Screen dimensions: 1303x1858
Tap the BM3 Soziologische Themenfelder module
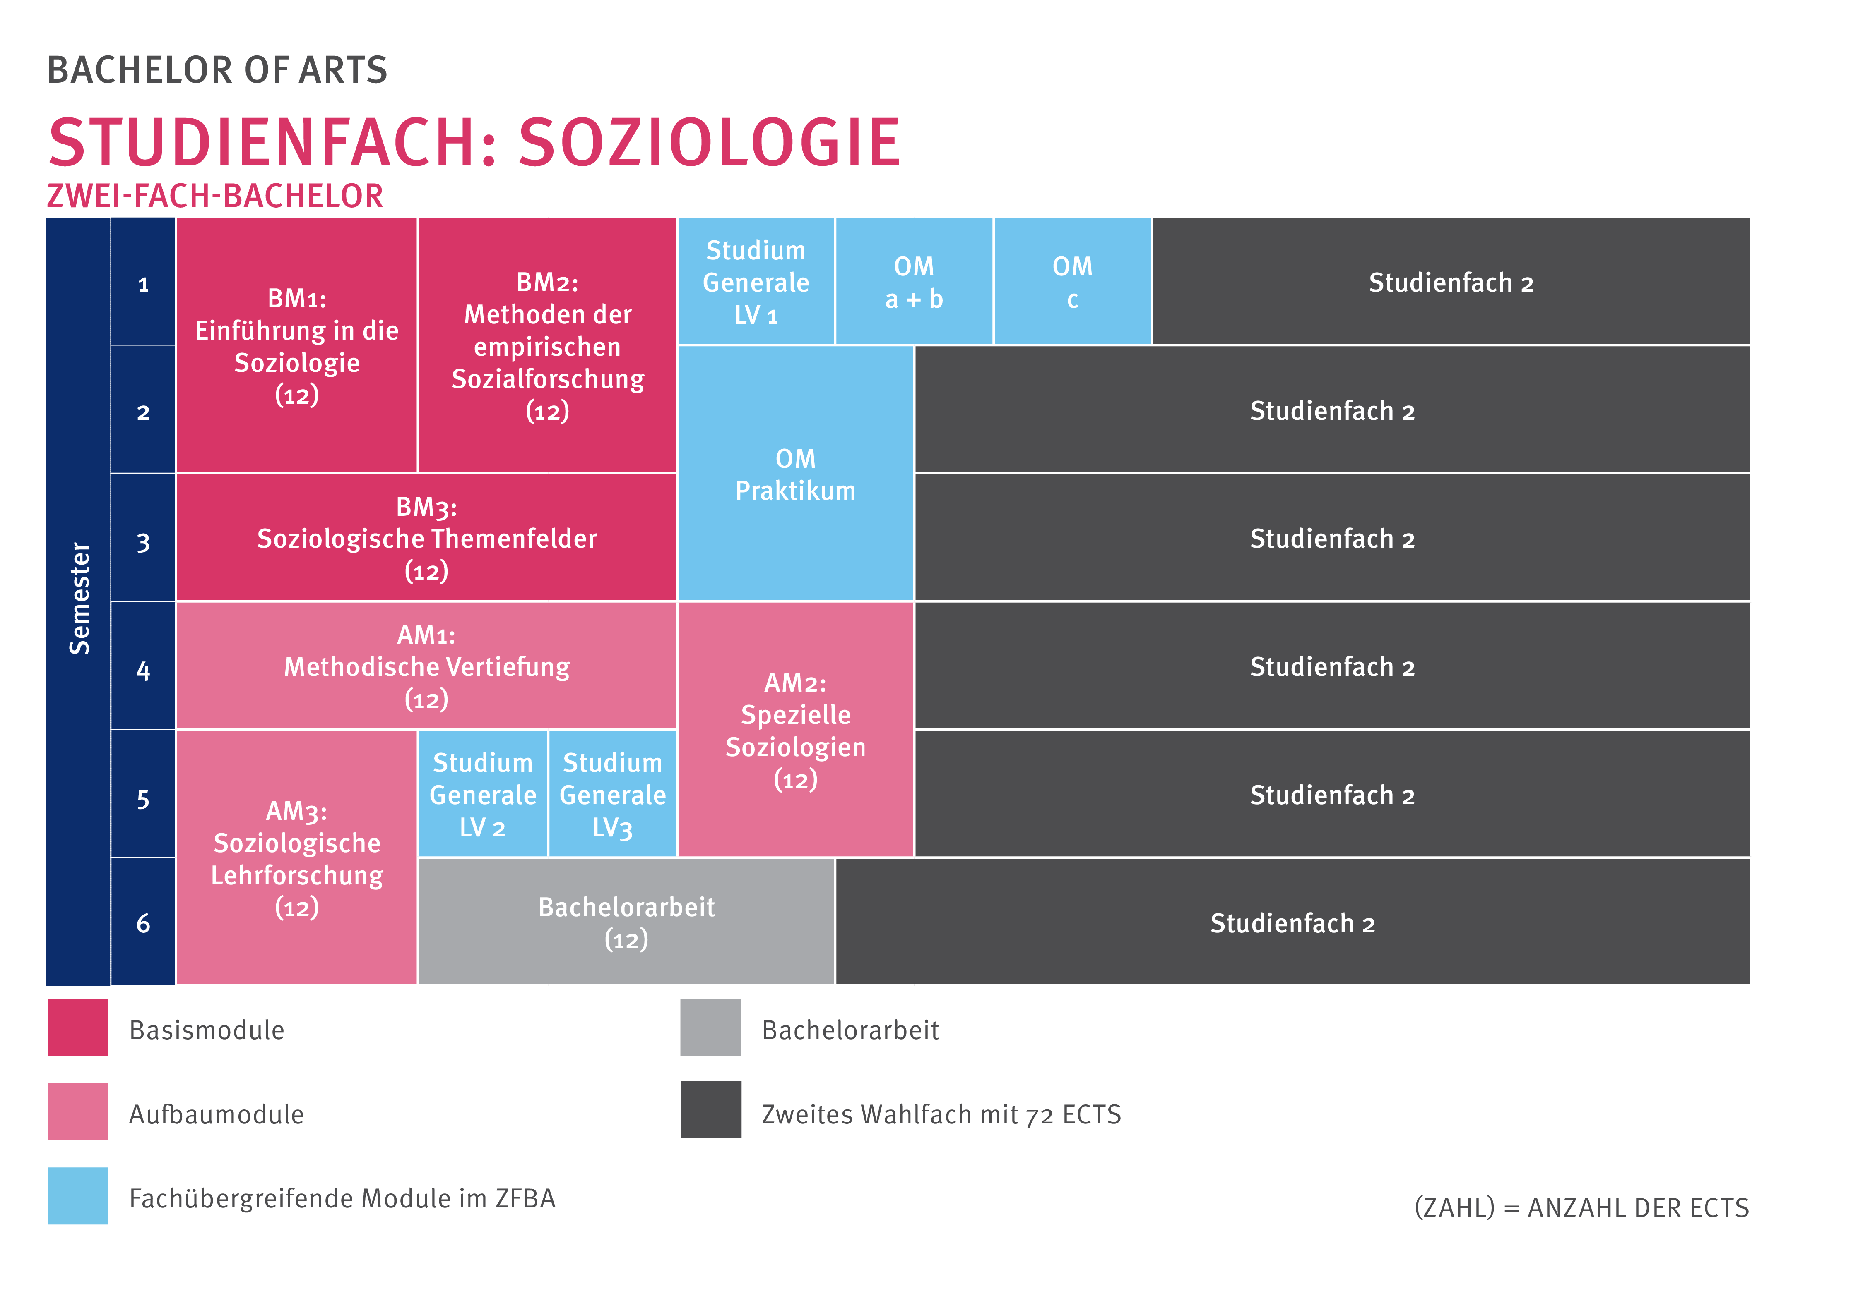click(426, 538)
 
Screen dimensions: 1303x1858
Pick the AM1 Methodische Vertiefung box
click(426, 666)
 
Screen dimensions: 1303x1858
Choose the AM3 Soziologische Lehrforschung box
click(296, 857)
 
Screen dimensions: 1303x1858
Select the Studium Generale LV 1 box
click(756, 281)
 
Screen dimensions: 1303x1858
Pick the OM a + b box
click(914, 281)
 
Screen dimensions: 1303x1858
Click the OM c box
click(1072, 281)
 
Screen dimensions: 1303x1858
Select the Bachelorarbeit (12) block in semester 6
click(626, 922)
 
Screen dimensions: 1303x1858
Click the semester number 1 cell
click(143, 283)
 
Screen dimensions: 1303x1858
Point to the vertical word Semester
click(79, 599)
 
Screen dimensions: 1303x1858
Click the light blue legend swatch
click(78, 1195)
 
